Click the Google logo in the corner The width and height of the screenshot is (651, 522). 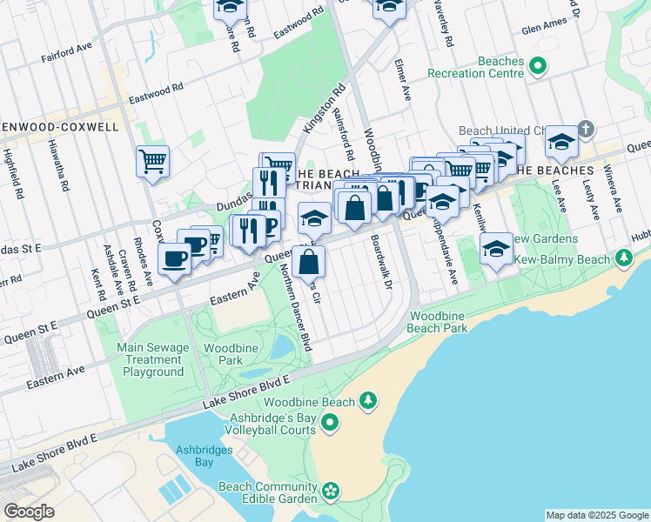click(29, 512)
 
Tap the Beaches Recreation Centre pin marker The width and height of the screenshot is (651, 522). click(538, 65)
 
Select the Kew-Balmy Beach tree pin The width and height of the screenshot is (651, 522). click(623, 258)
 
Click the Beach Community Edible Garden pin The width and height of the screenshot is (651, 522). click(331, 492)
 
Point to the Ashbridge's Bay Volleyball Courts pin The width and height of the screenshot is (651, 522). click(329, 424)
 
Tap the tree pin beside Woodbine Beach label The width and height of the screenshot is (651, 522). click(369, 400)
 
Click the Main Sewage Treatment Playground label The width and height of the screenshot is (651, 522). click(153, 359)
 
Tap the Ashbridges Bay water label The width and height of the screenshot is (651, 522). click(194, 456)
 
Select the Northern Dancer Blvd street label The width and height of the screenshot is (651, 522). click(283, 309)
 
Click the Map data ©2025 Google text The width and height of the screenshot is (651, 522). click(596, 515)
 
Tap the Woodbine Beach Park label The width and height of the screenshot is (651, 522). click(438, 321)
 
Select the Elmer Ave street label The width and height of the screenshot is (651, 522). click(402, 83)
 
